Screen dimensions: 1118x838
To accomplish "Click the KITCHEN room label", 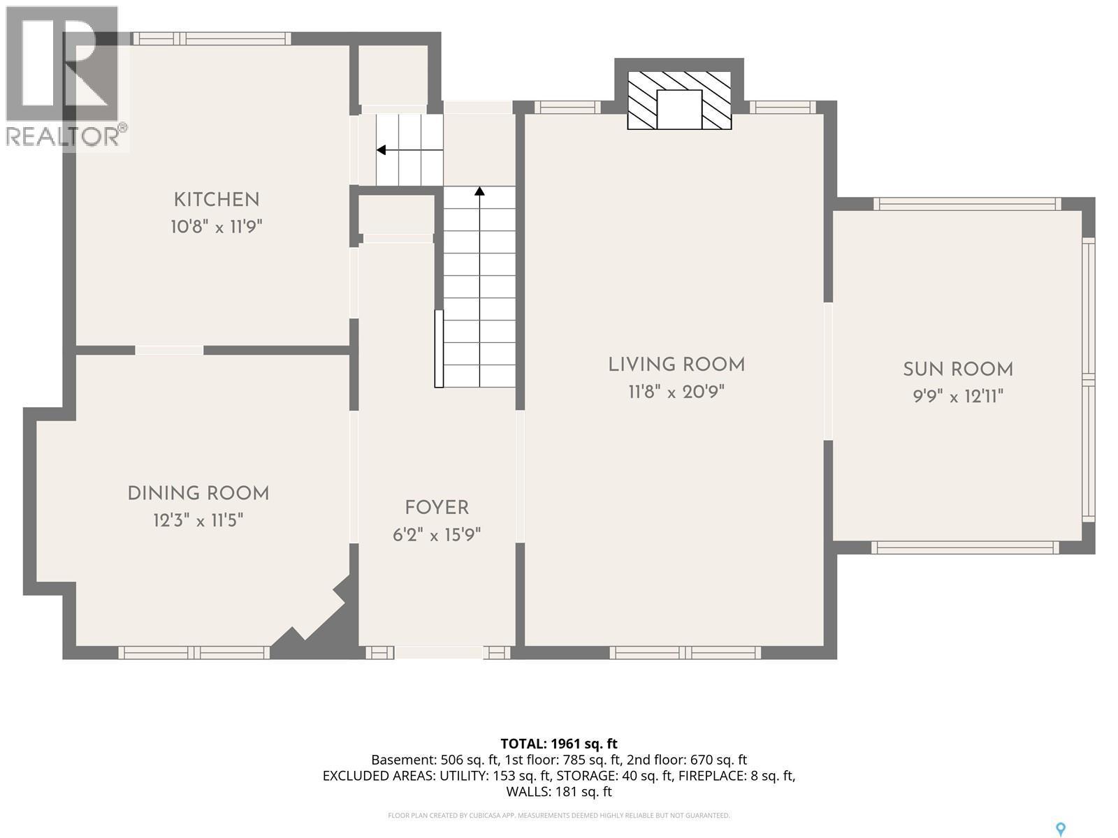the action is click(x=217, y=200).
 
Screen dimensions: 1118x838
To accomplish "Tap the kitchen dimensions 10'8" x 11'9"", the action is click(x=217, y=226).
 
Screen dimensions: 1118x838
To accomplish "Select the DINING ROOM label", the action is click(x=198, y=494).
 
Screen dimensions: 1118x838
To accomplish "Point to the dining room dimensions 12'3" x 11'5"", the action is click(x=198, y=520).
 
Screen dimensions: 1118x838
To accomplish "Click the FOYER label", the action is click(x=437, y=508).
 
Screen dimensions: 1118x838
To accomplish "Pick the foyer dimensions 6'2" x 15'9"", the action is click(x=437, y=535).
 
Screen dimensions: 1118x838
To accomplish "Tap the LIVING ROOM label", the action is click(x=676, y=365).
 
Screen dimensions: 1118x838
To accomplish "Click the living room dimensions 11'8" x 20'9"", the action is click(x=676, y=392).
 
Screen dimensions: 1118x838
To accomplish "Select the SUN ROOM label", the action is click(x=958, y=369).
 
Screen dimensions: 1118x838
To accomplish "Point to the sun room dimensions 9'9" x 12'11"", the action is click(x=958, y=396).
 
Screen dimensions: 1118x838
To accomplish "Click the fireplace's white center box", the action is click(x=679, y=110).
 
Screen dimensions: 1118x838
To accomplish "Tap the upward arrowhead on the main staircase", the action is click(x=479, y=191).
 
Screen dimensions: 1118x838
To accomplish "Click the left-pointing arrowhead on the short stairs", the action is click(x=381, y=150).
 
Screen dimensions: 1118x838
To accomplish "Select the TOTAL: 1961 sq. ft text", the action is click(x=559, y=744).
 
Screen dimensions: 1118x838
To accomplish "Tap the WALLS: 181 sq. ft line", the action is click(x=559, y=791).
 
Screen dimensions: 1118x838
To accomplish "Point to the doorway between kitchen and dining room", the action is click(x=169, y=350).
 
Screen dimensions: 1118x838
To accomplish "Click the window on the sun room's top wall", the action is click(x=967, y=204).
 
